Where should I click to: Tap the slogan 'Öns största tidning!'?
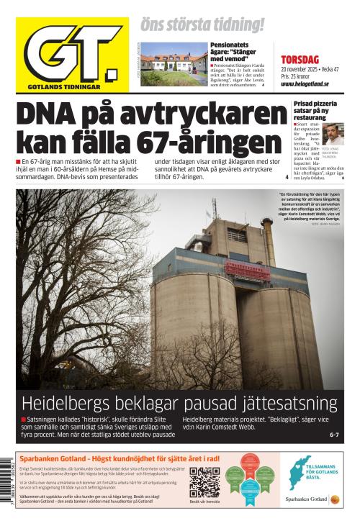202,24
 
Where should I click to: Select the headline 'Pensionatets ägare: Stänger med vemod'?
235,53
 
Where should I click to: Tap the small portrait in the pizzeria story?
332,133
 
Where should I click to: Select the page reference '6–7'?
333,434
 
